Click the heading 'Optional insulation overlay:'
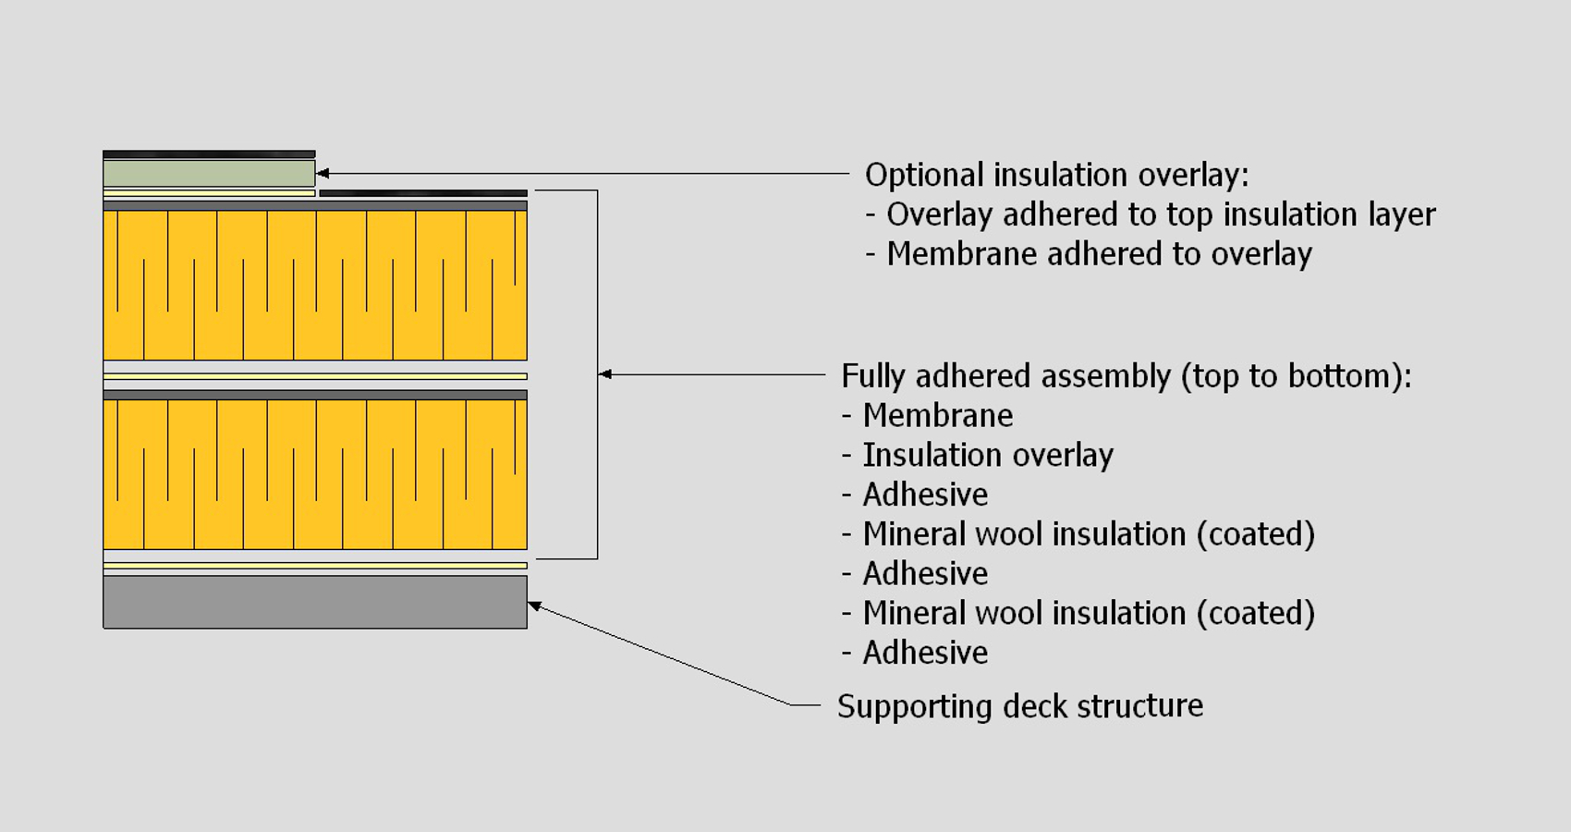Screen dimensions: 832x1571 pos(1056,175)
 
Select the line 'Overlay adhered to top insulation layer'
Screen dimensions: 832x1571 pos(1161,214)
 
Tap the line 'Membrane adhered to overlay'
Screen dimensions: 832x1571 pos(1099,254)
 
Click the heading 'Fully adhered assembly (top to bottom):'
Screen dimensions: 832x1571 pos(1126,376)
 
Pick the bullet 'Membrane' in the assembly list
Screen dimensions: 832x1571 pos(937,416)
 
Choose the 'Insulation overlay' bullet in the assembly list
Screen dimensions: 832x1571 pos(987,456)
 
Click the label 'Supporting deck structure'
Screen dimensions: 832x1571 pos(1020,706)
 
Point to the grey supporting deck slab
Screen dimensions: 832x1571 pos(314,602)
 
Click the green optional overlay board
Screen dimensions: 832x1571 pos(209,173)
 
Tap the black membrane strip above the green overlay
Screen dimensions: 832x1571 pos(209,154)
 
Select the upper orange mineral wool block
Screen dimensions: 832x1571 pos(314,287)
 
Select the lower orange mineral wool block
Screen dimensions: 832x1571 pos(314,476)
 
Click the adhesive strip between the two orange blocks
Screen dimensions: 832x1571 pos(314,376)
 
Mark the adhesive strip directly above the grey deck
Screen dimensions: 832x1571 pos(314,566)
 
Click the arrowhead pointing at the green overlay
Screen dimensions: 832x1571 pos(323,173)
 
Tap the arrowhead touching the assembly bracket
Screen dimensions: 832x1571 pos(605,374)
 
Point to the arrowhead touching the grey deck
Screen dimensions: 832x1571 pos(534,606)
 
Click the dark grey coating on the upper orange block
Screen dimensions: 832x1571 pos(314,206)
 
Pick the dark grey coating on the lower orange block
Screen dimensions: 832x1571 pos(314,395)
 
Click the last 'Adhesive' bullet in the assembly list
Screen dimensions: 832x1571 pos(925,654)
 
